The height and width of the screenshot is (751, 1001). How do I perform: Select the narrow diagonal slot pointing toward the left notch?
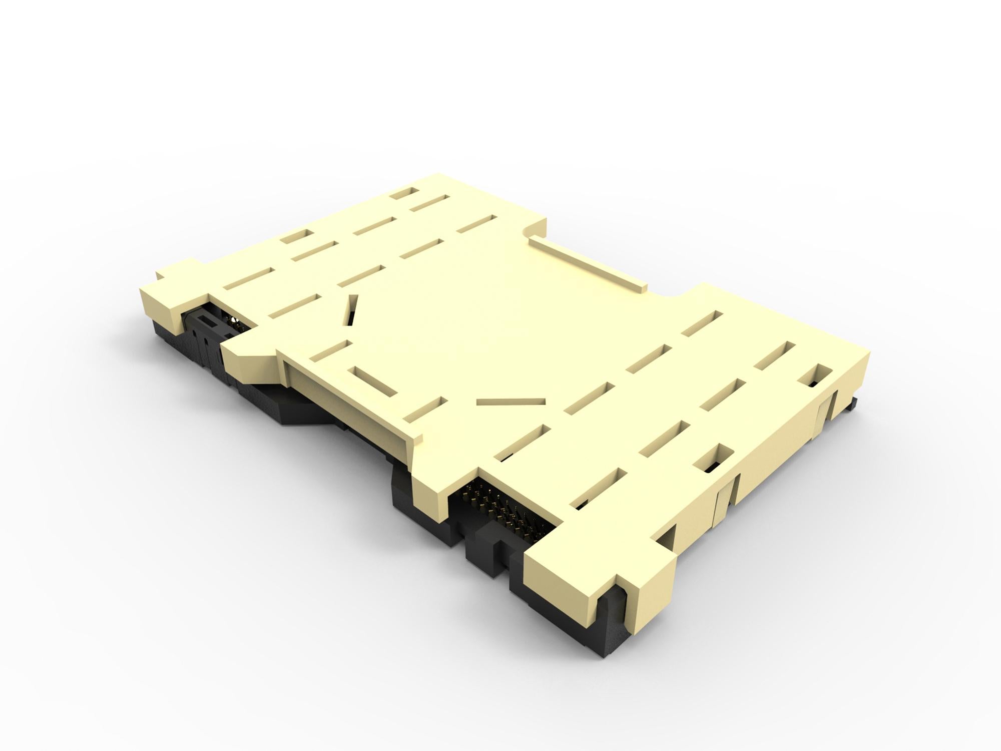pos(351,311)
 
